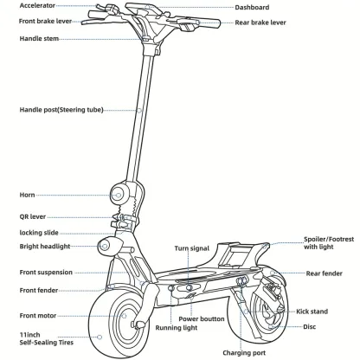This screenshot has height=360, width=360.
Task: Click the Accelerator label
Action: (x=39, y=6)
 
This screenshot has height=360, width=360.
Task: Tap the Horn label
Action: (x=28, y=196)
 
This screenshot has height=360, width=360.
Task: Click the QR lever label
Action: (x=34, y=216)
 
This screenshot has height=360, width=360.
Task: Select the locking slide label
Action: (x=39, y=233)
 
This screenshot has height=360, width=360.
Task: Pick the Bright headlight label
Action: (x=46, y=247)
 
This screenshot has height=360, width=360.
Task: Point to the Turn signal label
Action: (x=192, y=248)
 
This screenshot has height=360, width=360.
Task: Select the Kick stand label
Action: (x=312, y=310)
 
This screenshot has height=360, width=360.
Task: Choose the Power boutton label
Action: (x=202, y=319)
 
